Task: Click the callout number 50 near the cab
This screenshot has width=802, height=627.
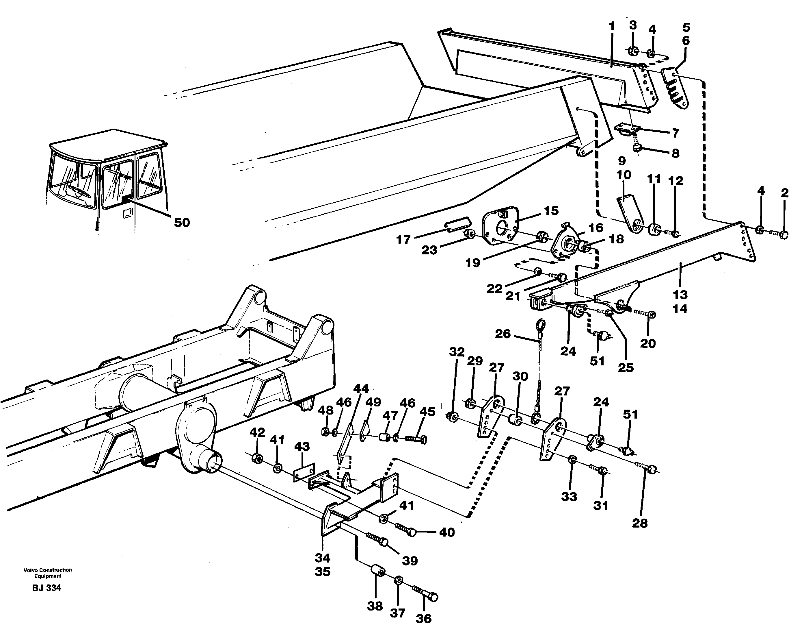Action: coord(182,222)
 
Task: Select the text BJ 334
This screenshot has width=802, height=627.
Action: coord(46,588)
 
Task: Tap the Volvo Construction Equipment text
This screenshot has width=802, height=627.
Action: coord(48,573)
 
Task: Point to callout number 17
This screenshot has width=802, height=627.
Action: coord(403,240)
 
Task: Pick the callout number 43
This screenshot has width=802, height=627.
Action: coord(302,447)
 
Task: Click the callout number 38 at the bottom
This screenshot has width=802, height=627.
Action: coord(375,606)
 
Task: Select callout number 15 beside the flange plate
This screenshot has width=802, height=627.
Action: coord(551,211)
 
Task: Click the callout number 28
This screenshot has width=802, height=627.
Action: coord(640,523)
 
